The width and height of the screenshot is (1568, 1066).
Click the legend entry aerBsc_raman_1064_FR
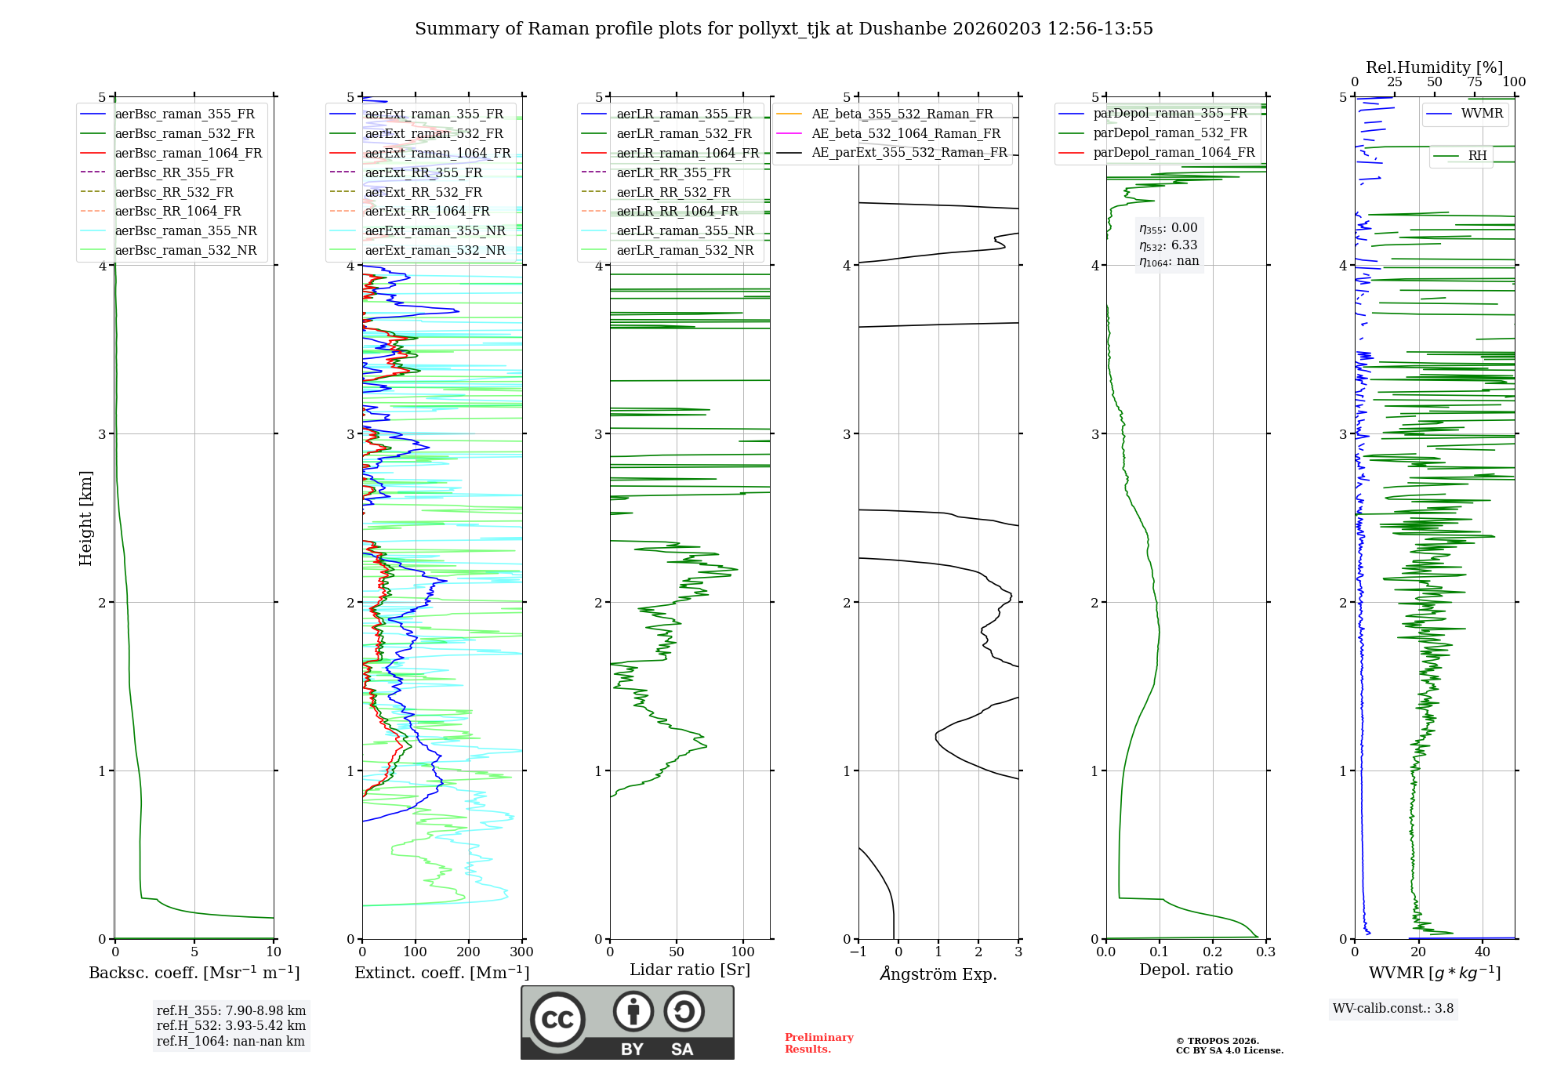tap(188, 154)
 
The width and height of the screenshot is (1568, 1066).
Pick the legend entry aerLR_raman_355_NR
tap(684, 230)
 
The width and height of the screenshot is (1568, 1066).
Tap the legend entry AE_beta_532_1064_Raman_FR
tap(906, 133)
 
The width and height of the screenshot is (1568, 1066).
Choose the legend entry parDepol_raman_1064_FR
tap(1174, 152)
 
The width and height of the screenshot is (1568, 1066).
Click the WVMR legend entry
tap(1482, 114)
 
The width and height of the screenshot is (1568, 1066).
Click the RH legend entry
tap(1477, 156)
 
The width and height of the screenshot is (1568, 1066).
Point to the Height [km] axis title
tap(85, 518)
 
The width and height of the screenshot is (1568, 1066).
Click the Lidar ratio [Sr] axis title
tap(690, 970)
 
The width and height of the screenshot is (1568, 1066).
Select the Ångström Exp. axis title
tap(938, 974)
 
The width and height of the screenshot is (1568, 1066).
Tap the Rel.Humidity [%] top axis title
tap(1434, 67)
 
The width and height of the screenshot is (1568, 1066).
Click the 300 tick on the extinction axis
tap(521, 952)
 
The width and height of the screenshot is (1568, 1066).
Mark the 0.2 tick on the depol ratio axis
tap(1213, 952)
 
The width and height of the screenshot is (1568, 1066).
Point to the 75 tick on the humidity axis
tap(1475, 82)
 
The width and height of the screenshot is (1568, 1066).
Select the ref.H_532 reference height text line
tap(230, 1025)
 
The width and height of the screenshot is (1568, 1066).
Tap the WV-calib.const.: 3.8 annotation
tap(1393, 1009)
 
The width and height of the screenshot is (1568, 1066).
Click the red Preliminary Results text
tap(818, 1043)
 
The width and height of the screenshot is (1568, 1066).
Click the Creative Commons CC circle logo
tap(557, 1020)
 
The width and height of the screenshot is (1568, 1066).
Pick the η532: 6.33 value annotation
tap(1168, 245)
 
